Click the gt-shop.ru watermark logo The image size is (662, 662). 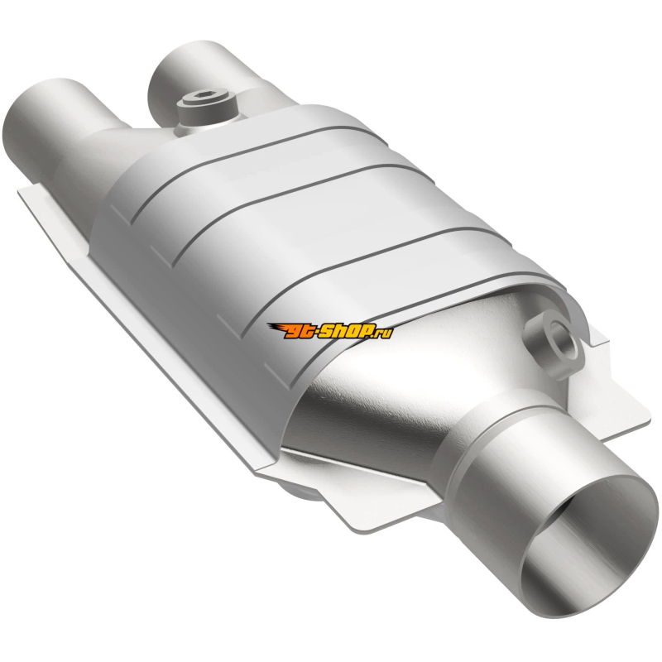330,331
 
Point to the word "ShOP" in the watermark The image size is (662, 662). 349,331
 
